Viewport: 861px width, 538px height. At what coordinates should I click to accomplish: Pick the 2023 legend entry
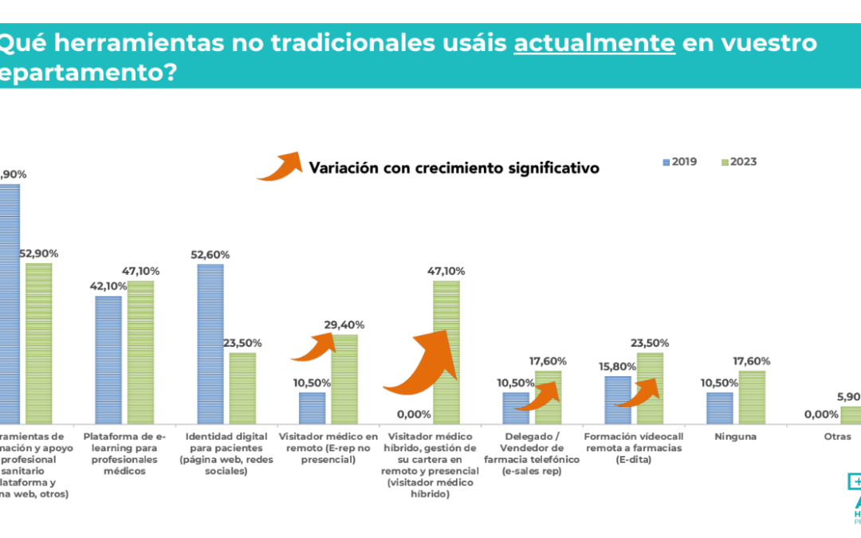pos(738,162)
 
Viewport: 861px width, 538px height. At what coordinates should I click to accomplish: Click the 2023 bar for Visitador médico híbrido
pos(446,351)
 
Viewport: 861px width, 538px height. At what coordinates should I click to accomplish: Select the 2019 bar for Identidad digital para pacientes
pos(210,343)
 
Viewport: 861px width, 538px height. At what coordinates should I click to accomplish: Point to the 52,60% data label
pos(210,255)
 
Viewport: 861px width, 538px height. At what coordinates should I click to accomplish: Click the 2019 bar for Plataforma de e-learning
pos(108,359)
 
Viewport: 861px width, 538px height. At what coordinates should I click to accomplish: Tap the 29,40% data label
pos(344,325)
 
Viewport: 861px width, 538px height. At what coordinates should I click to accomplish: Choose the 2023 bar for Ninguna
pos(752,396)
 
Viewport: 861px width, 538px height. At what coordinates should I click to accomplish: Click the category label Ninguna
pos(735,437)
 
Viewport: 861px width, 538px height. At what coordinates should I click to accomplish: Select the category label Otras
pos(838,437)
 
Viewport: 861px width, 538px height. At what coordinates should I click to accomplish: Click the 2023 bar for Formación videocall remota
pos(650,387)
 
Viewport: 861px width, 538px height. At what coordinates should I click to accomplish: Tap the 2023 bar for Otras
pos(850,414)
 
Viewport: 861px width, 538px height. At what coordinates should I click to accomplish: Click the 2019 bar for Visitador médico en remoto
pos(313,407)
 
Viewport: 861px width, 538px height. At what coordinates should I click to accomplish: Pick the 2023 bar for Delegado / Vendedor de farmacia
pos(548,396)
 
